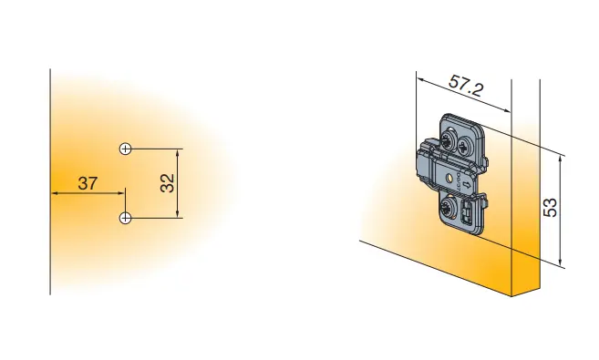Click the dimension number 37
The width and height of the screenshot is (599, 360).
88,183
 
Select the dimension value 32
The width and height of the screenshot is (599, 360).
168,183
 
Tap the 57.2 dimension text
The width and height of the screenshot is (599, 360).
466,87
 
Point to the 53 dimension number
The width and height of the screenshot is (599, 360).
551,208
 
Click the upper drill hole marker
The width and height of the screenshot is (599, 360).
125,149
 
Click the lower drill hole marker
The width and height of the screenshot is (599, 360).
125,218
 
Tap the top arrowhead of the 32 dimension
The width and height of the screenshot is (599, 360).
177,153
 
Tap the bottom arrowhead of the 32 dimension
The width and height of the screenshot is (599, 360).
177,214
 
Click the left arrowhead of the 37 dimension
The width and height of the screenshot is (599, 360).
55,193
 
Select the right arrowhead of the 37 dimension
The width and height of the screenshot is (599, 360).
120,193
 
